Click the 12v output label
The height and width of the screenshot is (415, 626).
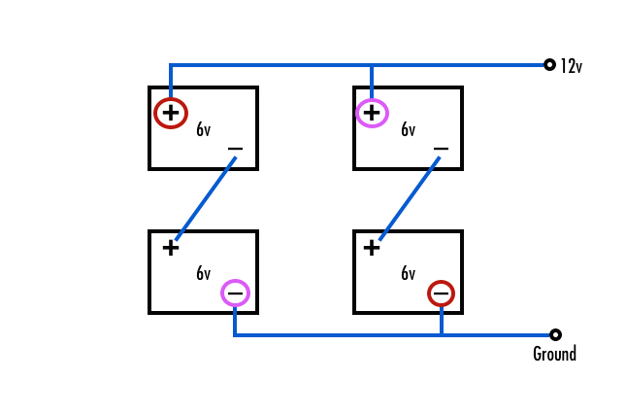coord(571,67)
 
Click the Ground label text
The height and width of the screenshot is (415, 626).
coord(554,354)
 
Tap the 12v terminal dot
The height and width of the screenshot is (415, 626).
coord(549,65)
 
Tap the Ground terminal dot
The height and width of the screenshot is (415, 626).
coord(555,334)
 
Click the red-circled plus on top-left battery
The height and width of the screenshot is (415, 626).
coord(171,114)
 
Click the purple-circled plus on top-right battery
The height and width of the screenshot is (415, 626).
coord(372,114)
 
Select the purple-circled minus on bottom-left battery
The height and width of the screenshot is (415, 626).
coord(235,293)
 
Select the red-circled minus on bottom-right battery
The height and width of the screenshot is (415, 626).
coord(441,293)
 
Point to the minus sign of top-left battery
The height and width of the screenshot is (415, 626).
coord(235,150)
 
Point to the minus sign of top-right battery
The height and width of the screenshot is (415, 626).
coord(441,150)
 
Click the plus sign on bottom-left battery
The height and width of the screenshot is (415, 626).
coord(171,248)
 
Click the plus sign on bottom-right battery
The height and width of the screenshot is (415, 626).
coord(372,248)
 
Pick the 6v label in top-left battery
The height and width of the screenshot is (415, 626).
coord(203,129)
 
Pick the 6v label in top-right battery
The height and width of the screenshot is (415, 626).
coord(408,129)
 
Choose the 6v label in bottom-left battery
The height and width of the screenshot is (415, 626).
coord(203,273)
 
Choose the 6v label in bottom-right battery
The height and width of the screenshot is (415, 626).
coord(408,273)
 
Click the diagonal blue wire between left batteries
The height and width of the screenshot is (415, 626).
coord(206,198)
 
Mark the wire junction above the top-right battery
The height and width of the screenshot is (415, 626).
coord(372,65)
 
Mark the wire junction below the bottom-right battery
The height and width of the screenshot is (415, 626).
coord(441,334)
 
